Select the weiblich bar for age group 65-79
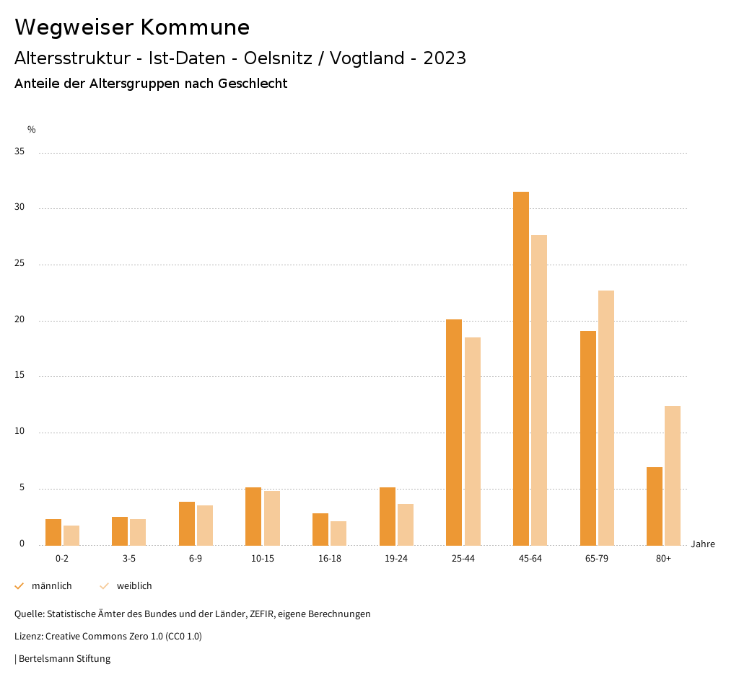point(606,418)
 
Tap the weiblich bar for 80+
point(673,476)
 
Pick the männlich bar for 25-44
point(454,433)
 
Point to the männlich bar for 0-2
point(53,532)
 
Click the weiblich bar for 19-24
point(406,525)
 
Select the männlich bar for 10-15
point(253,516)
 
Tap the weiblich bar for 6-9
point(205,525)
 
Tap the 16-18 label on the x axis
point(329,559)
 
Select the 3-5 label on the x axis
point(128,559)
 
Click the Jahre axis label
point(702,544)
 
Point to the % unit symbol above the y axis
point(32,130)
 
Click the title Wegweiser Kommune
point(132,27)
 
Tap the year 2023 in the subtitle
point(445,58)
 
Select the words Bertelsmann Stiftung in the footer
point(64,659)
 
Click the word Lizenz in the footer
point(29,637)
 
